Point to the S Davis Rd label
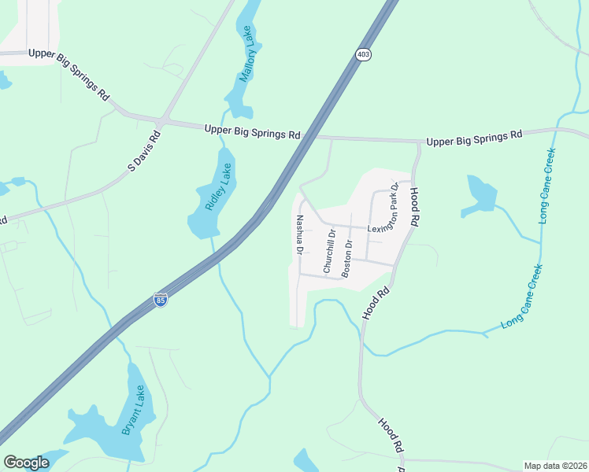tap(144, 151)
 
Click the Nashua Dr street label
tap(299, 235)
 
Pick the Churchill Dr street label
tap(329, 251)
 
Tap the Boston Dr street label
tap(346, 257)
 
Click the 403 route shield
tap(362, 54)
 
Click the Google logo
tap(26, 462)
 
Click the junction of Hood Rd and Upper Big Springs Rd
tap(417, 142)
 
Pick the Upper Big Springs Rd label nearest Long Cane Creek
tap(474, 139)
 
